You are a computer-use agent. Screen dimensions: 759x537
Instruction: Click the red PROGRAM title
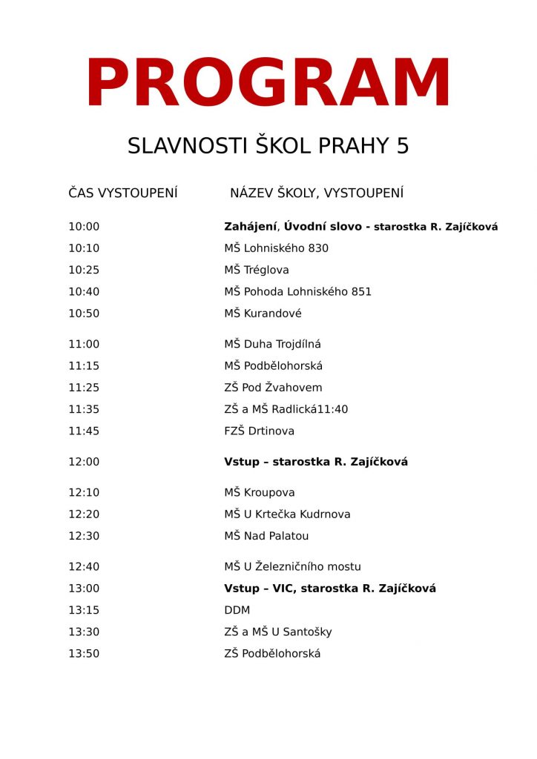(x=268, y=84)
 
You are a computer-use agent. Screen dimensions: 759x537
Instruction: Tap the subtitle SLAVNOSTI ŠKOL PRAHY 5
(x=268, y=146)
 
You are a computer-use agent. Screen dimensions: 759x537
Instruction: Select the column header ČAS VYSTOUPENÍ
(x=123, y=193)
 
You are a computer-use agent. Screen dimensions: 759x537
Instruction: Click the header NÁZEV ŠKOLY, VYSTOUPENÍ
(x=317, y=193)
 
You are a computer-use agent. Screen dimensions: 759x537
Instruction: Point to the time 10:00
(x=84, y=227)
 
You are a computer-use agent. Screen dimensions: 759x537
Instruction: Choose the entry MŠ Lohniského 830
(x=276, y=248)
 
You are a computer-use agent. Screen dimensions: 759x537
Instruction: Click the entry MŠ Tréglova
(x=257, y=270)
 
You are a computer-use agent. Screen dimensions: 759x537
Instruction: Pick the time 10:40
(x=84, y=291)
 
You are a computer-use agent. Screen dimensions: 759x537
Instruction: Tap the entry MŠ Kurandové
(x=263, y=314)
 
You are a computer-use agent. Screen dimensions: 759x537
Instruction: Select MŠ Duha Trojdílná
(x=272, y=344)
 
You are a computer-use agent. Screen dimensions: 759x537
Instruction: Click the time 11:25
(x=84, y=387)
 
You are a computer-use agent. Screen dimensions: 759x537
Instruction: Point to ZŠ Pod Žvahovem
(x=273, y=387)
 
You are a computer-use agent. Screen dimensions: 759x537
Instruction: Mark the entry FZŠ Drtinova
(x=259, y=431)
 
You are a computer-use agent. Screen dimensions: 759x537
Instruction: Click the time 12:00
(x=84, y=462)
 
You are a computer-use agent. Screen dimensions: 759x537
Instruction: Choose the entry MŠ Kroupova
(x=259, y=492)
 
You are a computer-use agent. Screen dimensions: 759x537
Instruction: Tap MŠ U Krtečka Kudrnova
(x=287, y=514)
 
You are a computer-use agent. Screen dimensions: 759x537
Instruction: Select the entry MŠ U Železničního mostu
(x=292, y=567)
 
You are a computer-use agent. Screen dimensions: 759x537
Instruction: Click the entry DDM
(x=237, y=610)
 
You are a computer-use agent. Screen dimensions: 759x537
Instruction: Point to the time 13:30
(x=84, y=632)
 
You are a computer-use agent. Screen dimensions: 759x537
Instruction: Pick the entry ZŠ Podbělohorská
(x=272, y=654)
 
